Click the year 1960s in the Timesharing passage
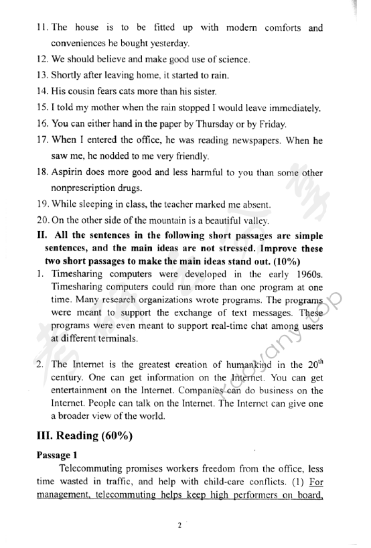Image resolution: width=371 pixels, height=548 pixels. click(304, 274)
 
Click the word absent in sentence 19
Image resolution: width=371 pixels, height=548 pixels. click(252, 204)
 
